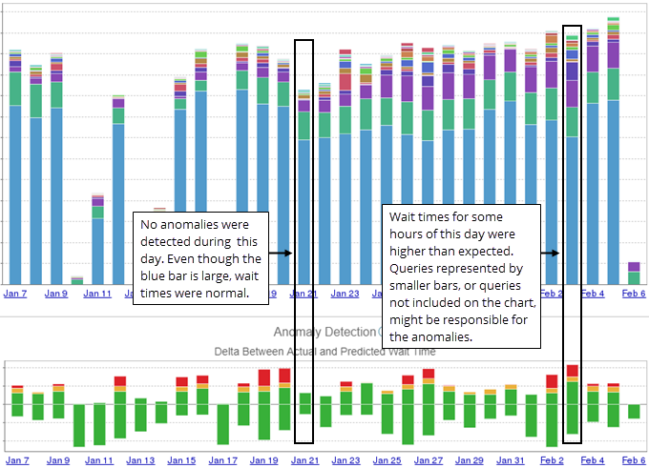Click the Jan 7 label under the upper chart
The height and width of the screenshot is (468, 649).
click(17, 294)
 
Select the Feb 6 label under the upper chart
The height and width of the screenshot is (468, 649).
click(634, 294)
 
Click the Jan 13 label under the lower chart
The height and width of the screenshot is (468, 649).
click(140, 460)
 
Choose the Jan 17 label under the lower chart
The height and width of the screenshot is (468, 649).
click(222, 460)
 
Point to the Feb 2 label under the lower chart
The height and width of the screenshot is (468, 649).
click(552, 460)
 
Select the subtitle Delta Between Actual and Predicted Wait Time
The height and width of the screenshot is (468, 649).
click(324, 351)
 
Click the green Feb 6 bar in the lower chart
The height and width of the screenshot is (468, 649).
click(634, 411)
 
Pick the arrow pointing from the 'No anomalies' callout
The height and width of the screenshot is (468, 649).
click(281, 254)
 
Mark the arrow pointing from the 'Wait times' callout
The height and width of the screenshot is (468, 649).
click(550, 254)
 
